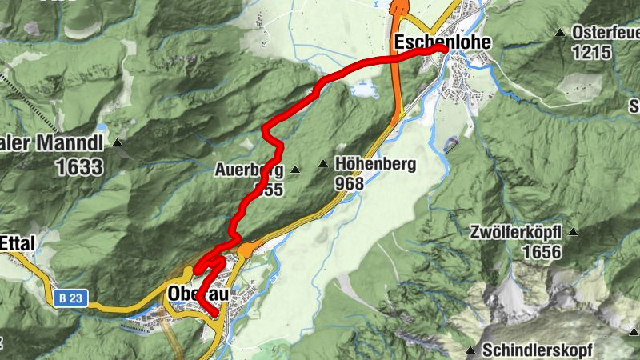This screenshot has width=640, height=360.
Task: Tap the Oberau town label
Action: pyautogui.click(x=197, y=294)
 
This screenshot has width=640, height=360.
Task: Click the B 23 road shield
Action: pyautogui.click(x=70, y=298)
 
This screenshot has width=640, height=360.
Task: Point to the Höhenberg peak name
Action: pyautogui.click(x=376, y=165)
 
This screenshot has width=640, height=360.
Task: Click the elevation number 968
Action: pyautogui.click(x=350, y=184)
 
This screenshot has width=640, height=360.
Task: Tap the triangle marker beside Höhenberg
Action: pyautogui.click(x=323, y=165)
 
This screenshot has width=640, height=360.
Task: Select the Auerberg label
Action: pyautogui.click(x=248, y=170)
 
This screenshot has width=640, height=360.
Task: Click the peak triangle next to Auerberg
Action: pyautogui.click(x=295, y=170)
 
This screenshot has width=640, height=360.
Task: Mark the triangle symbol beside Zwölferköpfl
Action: pyautogui.click(x=574, y=233)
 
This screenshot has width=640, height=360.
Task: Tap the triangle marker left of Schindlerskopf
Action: pyautogui.click(x=470, y=350)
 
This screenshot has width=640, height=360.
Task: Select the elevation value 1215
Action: pyautogui.click(x=591, y=53)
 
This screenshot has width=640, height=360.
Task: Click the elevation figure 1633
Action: pyautogui.click(x=79, y=166)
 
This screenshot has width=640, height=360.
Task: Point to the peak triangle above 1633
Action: pyautogui.click(x=118, y=144)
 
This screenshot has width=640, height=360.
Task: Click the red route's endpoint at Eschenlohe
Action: pyautogui.click(x=443, y=50)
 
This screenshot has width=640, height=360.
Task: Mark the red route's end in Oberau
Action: pyautogui.click(x=215, y=314)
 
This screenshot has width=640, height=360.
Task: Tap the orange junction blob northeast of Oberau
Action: pyautogui.click(x=246, y=250)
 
